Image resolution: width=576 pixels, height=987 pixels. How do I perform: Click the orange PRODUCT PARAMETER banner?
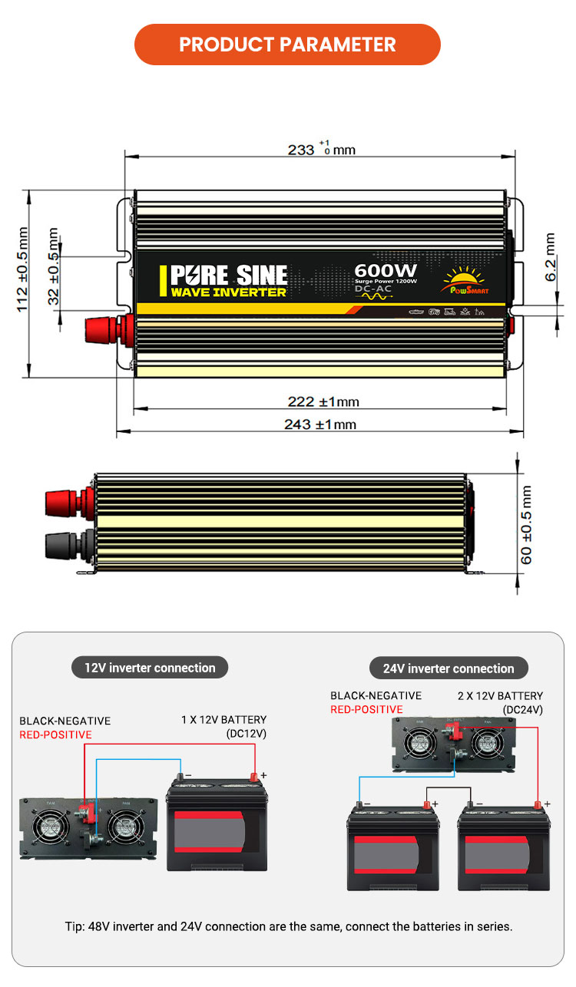pyautogui.click(x=287, y=45)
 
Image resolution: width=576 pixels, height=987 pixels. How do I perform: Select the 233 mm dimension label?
pyautogui.click(x=321, y=149)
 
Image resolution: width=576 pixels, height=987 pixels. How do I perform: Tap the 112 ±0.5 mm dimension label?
pyautogui.click(x=23, y=269)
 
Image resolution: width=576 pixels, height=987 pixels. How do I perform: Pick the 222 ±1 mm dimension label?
pyautogui.click(x=323, y=401)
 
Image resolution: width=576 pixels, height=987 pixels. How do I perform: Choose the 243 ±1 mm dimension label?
pyautogui.click(x=319, y=424)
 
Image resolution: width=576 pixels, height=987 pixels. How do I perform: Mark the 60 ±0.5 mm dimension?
pyautogui.click(x=527, y=525)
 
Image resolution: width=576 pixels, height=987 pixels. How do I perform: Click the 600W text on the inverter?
pyautogui.click(x=386, y=271)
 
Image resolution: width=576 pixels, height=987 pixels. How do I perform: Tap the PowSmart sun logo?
pyautogui.click(x=465, y=280)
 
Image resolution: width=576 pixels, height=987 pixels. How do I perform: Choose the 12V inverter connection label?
pyautogui.click(x=150, y=668)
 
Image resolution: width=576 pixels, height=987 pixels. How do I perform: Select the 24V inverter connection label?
pyautogui.click(x=449, y=668)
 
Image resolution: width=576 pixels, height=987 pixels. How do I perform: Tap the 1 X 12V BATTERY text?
pyautogui.click(x=223, y=720)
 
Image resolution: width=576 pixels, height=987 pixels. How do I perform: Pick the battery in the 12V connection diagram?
pyautogui.click(x=216, y=833)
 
